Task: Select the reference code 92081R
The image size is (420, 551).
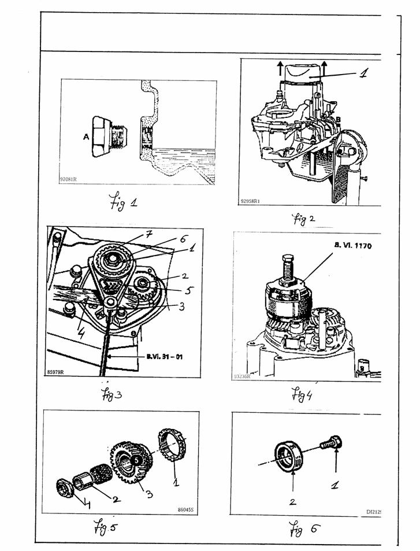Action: click(68, 179)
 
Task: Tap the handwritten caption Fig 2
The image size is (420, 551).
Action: click(306, 219)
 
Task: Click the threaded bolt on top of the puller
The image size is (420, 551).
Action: click(287, 267)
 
